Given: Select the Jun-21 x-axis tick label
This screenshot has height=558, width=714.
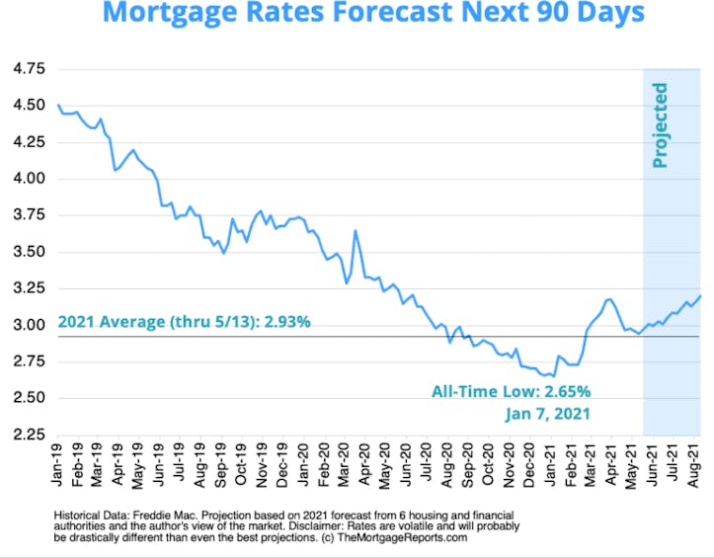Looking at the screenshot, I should click(x=652, y=466).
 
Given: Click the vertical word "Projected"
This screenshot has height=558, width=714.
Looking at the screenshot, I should click(x=660, y=125).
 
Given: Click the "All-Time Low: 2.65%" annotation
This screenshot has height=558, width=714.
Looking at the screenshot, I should click(x=511, y=391).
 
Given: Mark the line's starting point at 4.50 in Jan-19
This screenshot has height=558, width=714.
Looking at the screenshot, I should click(x=58, y=105).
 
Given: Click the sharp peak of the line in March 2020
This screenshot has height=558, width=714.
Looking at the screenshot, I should click(x=355, y=231).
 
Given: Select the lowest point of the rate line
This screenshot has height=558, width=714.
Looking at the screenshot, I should click(x=545, y=376).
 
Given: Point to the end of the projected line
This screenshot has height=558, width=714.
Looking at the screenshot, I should click(x=701, y=295).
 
